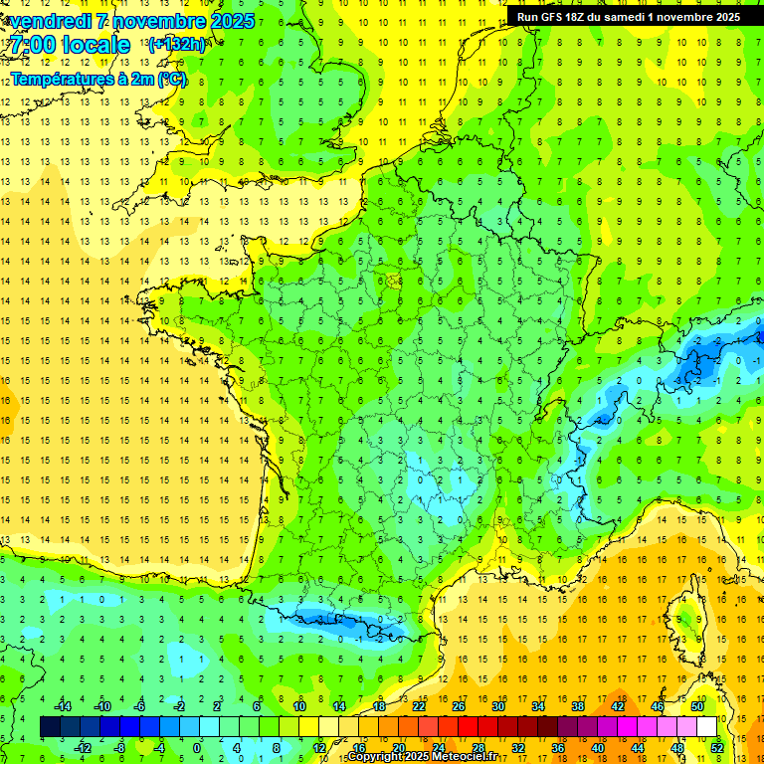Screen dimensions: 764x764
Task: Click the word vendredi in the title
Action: (x=55, y=21)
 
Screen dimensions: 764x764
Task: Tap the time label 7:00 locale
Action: (x=71, y=45)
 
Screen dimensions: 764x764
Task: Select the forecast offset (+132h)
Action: (x=177, y=44)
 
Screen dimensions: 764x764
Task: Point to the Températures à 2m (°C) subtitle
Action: (x=98, y=79)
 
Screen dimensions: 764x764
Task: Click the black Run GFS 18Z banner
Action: (x=628, y=17)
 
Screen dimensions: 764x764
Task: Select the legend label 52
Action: (x=717, y=747)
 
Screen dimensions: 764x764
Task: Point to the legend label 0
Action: (x=197, y=747)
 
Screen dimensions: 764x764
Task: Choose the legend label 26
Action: (x=460, y=705)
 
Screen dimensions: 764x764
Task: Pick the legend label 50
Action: (x=697, y=705)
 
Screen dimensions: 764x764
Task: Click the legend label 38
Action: (x=578, y=705)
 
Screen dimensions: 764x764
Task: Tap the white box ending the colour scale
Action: (x=706, y=726)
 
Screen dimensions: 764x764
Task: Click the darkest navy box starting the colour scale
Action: (x=50, y=726)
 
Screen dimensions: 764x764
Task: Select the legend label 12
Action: (x=319, y=747)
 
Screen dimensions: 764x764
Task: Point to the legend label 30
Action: (x=498, y=705)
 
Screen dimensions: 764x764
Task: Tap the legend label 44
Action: (x=638, y=747)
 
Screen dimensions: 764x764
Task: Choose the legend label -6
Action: (x=140, y=705)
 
